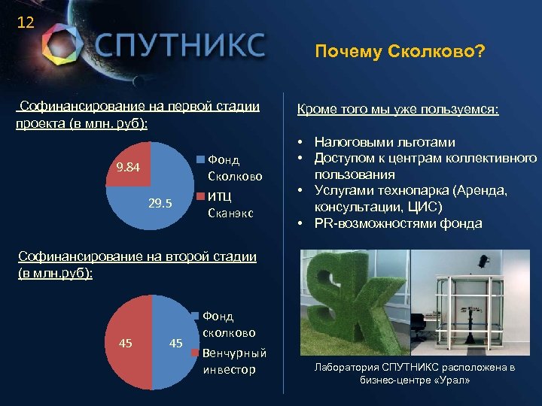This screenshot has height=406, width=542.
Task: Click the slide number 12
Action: tap(25, 23)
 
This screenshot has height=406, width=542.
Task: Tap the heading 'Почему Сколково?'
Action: tap(400, 52)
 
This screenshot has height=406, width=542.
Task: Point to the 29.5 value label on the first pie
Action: tap(160, 204)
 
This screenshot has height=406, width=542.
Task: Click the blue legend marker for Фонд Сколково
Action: tap(200, 159)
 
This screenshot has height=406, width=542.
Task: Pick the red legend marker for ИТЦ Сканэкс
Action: tap(200, 195)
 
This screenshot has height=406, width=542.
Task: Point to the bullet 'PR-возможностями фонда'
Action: tap(398, 223)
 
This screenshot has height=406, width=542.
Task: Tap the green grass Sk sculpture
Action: tap(354, 301)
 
